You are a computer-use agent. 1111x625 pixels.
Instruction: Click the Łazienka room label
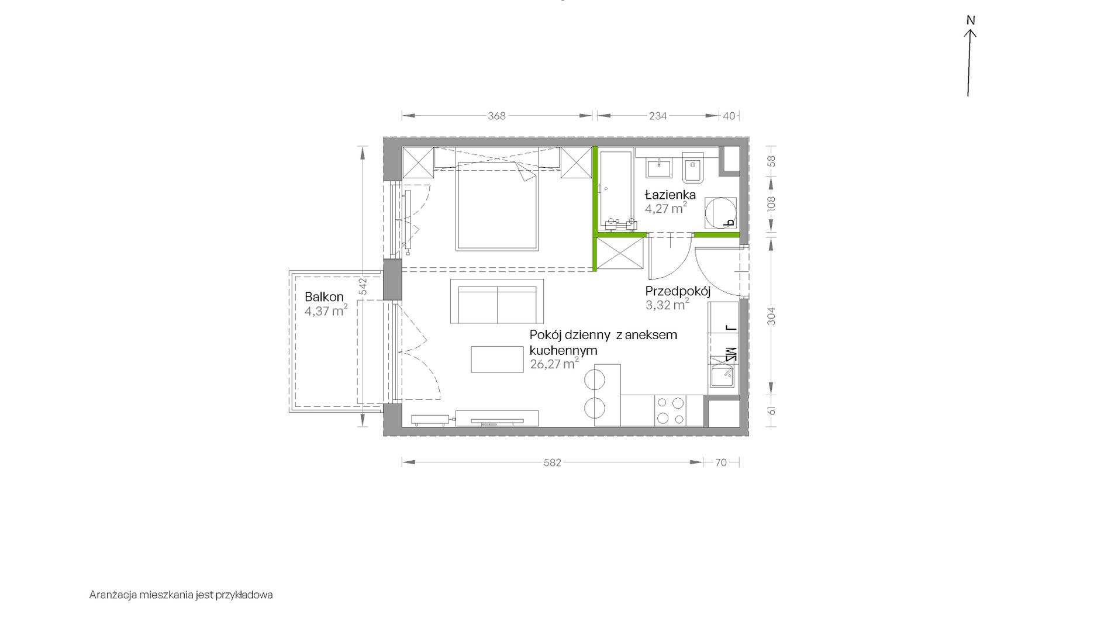[x=670, y=195]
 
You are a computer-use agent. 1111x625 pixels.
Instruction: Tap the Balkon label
[x=324, y=297]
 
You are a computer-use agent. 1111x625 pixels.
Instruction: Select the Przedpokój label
[x=678, y=291]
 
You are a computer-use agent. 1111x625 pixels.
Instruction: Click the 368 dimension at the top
[x=496, y=116]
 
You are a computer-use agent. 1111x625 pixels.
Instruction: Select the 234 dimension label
[x=658, y=116]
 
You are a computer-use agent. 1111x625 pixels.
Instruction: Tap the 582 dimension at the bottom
[x=552, y=462]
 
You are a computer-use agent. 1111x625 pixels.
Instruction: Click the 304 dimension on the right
[x=771, y=316]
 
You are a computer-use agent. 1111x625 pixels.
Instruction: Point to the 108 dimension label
[x=771, y=203]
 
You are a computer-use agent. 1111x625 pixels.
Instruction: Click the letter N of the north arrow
[x=971, y=20]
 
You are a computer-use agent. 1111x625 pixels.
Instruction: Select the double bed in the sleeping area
[x=496, y=206]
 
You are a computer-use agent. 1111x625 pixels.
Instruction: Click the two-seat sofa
[x=497, y=301]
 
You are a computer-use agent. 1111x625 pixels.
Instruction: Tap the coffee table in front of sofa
[x=498, y=359]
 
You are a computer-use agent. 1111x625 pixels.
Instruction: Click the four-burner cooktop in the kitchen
[x=670, y=410]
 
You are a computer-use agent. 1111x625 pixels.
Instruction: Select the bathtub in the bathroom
[x=616, y=189]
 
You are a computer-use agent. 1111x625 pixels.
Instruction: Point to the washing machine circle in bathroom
[x=719, y=213]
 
